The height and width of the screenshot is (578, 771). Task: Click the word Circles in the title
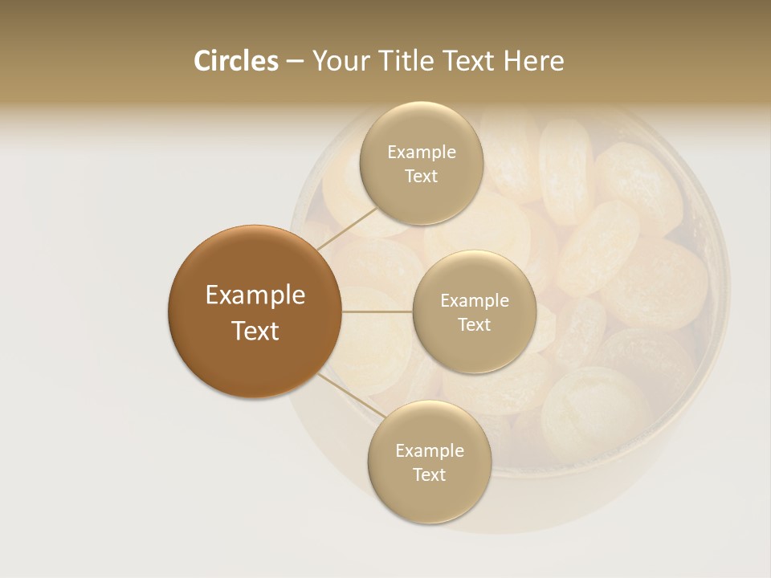[236, 61]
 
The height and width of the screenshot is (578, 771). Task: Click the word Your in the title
[339, 61]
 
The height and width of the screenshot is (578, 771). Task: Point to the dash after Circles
[295, 62]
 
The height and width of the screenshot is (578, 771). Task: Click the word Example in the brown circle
[255, 295]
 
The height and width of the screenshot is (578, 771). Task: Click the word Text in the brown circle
[255, 331]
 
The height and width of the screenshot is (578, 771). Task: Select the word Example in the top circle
[422, 153]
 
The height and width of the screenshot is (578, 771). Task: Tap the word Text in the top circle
[422, 177]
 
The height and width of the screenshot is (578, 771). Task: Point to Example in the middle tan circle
[475, 301]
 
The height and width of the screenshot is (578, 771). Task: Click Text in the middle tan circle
[475, 325]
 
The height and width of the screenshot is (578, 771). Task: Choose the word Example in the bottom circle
[430, 451]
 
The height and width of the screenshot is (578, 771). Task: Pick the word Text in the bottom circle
[430, 475]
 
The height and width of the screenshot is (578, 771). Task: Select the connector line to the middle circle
[377, 311]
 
